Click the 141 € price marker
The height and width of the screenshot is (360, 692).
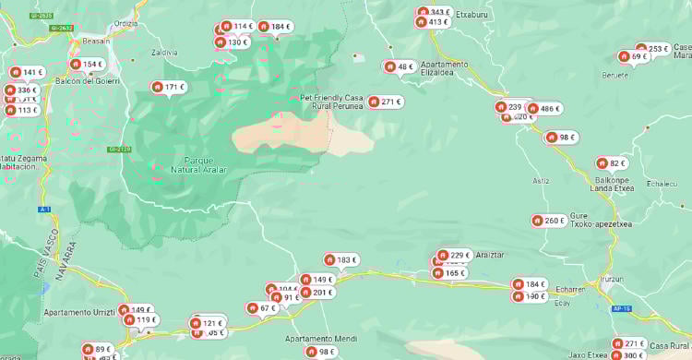[x=27, y=72]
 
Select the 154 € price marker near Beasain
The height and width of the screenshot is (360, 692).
[x=87, y=65]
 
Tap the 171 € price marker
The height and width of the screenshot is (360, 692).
[x=169, y=87]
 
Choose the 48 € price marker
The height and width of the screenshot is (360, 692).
[x=400, y=66]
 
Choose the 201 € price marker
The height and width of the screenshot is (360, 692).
[x=317, y=293]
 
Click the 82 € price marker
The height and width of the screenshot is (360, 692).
[x=612, y=163]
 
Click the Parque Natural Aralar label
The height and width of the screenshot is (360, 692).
[x=198, y=164]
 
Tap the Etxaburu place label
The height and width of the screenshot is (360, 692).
[x=471, y=16]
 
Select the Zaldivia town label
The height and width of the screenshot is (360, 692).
[x=163, y=53]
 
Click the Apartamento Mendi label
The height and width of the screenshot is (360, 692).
[x=320, y=339]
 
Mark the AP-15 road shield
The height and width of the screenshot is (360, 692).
[x=621, y=308]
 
